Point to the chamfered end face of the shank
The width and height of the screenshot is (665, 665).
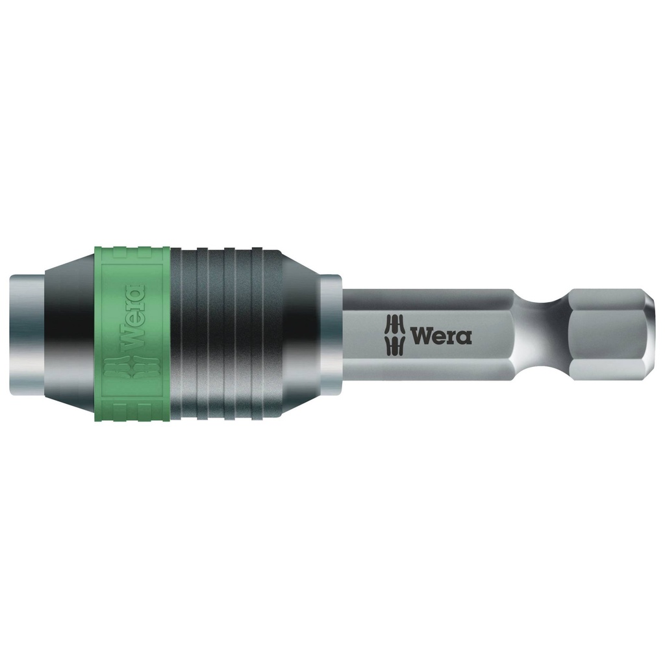point(653,334)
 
